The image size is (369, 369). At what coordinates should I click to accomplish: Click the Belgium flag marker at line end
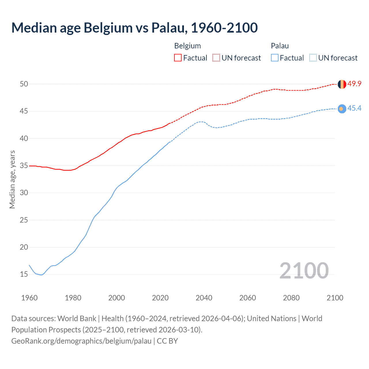point(342,84)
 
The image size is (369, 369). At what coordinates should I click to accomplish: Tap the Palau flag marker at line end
point(342,109)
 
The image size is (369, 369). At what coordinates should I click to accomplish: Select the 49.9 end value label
point(354,84)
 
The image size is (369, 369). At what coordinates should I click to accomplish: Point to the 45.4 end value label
point(354,108)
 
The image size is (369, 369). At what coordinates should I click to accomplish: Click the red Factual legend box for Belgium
point(178,58)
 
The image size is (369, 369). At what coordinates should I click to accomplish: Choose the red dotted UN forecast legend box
point(216,58)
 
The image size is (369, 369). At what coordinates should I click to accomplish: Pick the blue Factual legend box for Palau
point(275,58)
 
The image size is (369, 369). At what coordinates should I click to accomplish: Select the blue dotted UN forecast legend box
point(313,58)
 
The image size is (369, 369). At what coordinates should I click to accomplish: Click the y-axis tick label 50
point(24,84)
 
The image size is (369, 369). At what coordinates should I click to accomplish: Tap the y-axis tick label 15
point(24,274)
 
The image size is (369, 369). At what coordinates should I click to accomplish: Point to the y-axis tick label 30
point(24,193)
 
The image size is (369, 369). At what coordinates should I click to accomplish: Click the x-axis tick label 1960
point(29,298)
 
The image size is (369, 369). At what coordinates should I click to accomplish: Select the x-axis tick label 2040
point(204,298)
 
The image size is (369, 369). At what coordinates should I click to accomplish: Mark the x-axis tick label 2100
point(335,298)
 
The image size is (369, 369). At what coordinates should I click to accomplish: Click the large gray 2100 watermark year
point(304,270)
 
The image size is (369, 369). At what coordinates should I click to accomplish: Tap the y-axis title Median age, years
point(12,179)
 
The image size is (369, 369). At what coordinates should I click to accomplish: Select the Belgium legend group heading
point(187,46)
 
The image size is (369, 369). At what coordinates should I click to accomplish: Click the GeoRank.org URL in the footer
point(81,341)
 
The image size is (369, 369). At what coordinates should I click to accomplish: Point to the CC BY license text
point(167,341)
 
